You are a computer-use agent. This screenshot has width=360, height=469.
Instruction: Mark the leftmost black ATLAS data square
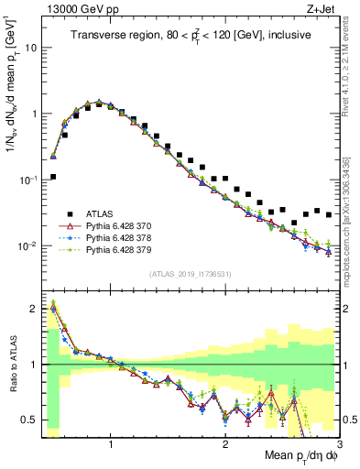pos(53,177)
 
